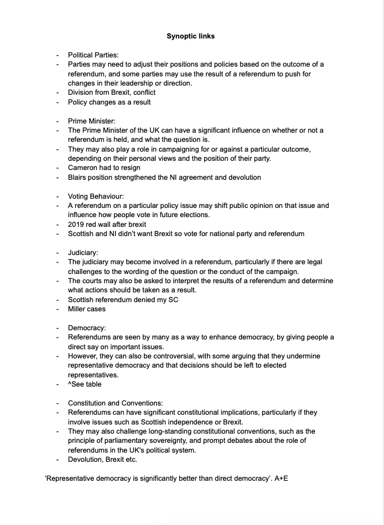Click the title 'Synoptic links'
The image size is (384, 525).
pyautogui.click(x=191, y=36)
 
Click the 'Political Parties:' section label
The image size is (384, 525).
pyautogui.click(x=93, y=55)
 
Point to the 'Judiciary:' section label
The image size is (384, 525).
pyautogui.click(x=83, y=252)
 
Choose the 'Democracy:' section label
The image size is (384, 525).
pyautogui.click(x=87, y=327)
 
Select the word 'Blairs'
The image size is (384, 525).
pyautogui.click(x=78, y=177)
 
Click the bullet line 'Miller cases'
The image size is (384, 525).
pyautogui.click(x=87, y=309)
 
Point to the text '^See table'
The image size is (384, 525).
pyautogui.click(x=85, y=384)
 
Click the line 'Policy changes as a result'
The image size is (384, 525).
pyautogui.click(x=109, y=102)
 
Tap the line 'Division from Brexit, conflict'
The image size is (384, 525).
pyautogui.click(x=112, y=92)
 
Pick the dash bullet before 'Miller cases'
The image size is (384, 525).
pyautogui.click(x=57, y=309)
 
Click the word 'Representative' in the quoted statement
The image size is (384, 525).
pyautogui.click(x=71, y=478)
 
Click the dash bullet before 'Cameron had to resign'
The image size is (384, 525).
pyautogui.click(x=57, y=168)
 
